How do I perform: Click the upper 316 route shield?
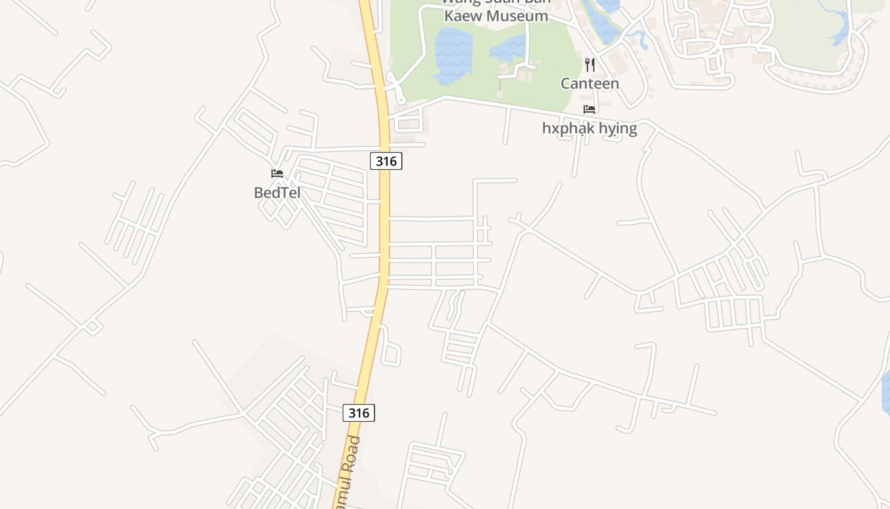point(386,161)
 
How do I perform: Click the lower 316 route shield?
point(359,413)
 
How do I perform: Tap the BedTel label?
point(277,192)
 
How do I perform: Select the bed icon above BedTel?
point(277,173)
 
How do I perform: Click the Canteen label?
point(589,83)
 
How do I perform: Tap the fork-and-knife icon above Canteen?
point(590,64)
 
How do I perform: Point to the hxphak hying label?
point(589,129)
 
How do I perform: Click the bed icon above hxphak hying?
point(589,109)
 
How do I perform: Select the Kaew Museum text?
point(496,16)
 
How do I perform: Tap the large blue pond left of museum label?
point(453,55)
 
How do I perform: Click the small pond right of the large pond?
point(509,48)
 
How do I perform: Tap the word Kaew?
point(463,16)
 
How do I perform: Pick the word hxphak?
point(567,129)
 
